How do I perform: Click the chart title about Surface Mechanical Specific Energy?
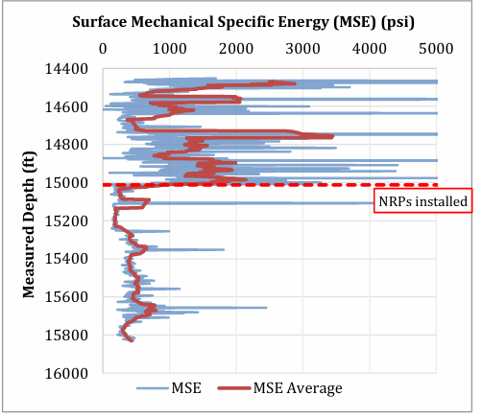243,22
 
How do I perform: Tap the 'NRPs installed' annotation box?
422,200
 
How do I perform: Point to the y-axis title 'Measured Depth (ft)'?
29,224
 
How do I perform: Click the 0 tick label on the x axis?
103,49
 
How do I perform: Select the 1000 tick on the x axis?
170,49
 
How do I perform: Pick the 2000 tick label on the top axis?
236,49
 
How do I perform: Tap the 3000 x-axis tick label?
302,49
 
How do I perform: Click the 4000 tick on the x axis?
370,49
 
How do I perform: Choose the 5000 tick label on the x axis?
436,49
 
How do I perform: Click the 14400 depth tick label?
66,69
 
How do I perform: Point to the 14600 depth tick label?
66,106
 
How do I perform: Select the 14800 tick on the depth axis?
66,145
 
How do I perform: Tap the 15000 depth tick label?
66,183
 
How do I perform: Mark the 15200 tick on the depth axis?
66,221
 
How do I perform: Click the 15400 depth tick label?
66,259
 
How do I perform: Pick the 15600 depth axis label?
66,296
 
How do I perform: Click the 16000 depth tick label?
66,373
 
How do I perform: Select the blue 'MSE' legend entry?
169,388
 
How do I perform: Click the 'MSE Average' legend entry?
280,388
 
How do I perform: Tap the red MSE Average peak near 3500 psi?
332,136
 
